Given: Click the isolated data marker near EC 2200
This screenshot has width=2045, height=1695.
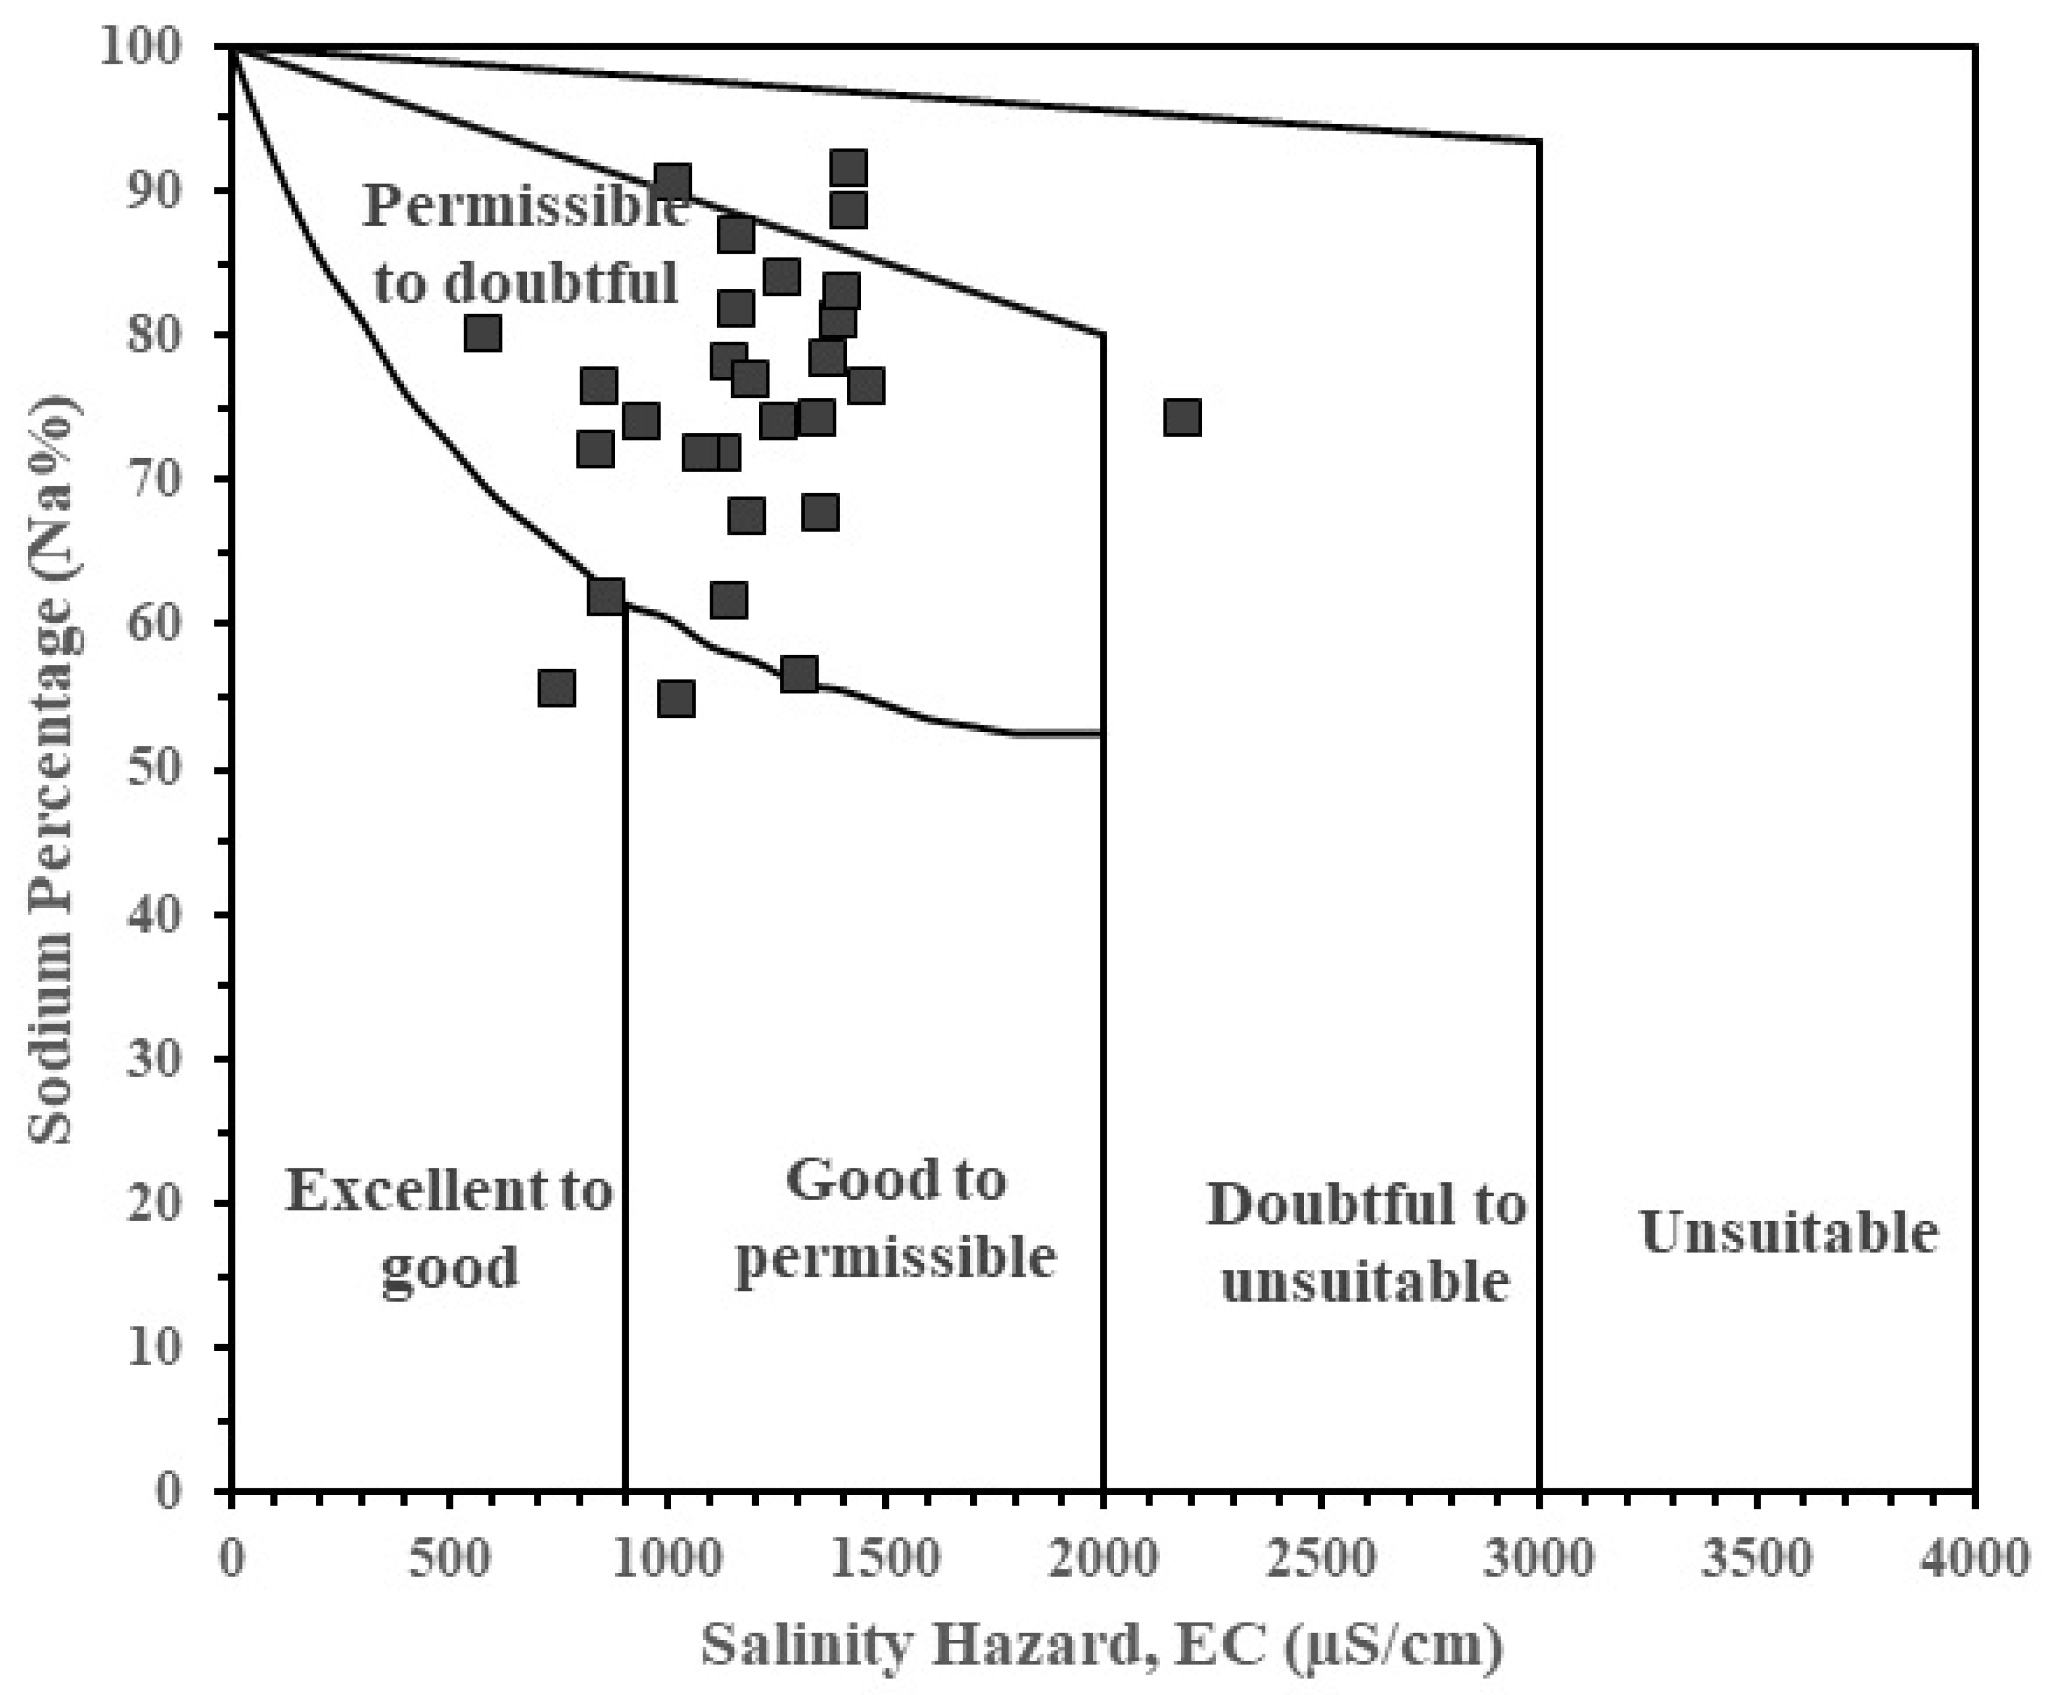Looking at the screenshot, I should click(x=1181, y=417).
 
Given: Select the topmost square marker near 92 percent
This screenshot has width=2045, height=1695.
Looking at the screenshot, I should click(x=848, y=168).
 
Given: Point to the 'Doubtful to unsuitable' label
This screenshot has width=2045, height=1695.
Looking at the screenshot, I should click(x=1366, y=1243).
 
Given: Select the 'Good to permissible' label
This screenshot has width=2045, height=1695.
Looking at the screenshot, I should click(x=895, y=1218).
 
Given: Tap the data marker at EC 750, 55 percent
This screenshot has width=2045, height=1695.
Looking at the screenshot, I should click(x=556, y=688).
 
